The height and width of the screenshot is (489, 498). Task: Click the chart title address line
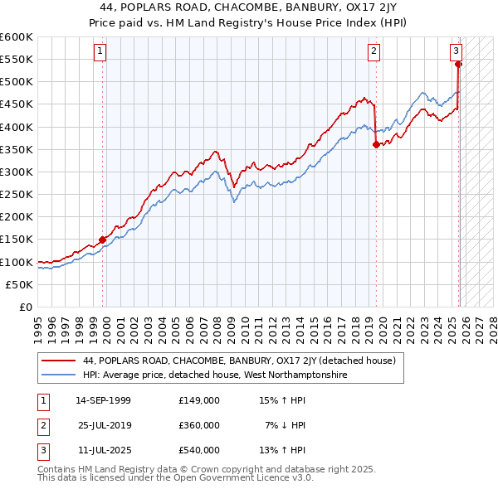pyautogui.click(x=249, y=7)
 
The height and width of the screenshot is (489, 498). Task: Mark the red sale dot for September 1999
pyautogui.click(x=103, y=240)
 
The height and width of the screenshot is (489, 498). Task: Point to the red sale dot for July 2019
pyautogui.click(x=376, y=144)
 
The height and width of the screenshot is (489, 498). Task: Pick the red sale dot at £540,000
pyautogui.click(x=459, y=64)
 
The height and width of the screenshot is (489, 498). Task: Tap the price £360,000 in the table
pyautogui.click(x=198, y=425)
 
